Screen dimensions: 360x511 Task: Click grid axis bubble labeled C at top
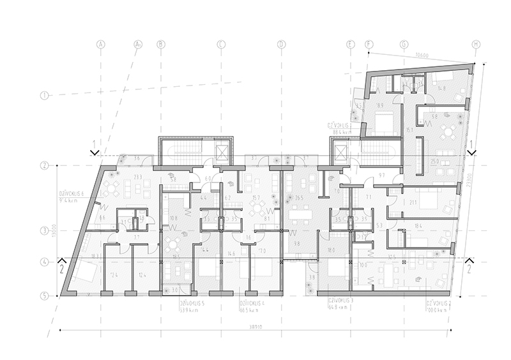coord(221,44)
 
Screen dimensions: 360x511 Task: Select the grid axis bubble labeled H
coord(475,44)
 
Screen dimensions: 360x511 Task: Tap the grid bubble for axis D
coord(281,44)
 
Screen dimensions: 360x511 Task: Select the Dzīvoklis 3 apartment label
coord(340,304)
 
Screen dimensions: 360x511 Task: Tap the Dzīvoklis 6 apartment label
coord(76,195)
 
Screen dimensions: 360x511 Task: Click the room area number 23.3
coord(138,177)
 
